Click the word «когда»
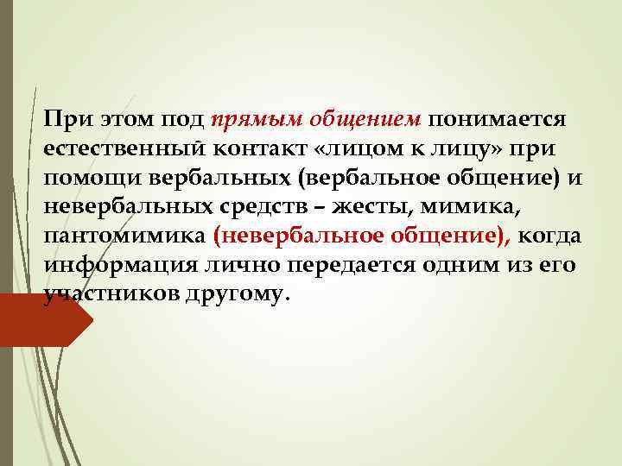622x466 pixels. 553,236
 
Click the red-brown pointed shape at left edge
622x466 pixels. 43,321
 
